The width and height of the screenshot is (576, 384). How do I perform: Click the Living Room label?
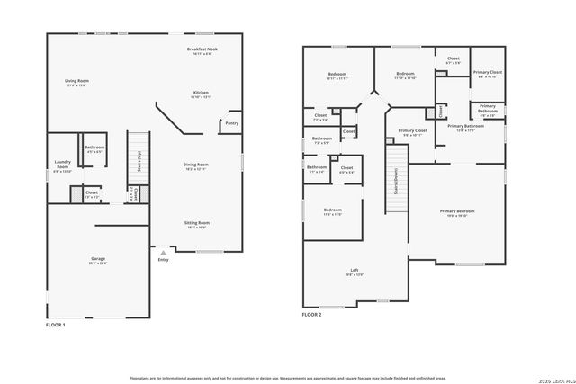[76, 83]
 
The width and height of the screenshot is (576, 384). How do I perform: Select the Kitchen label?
[201, 94]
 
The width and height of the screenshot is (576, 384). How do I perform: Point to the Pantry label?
[231, 123]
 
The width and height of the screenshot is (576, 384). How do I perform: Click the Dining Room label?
[196, 166]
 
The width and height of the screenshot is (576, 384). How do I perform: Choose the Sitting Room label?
[197, 225]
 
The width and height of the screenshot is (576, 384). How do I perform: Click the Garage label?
[97, 261]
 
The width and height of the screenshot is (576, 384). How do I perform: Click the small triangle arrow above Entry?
[162, 253]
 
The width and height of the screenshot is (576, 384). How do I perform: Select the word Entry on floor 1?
[163, 260]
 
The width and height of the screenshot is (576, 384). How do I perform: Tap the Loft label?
[355, 272]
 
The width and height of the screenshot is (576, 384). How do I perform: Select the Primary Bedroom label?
[457, 213]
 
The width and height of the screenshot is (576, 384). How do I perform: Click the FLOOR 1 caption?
[56, 325]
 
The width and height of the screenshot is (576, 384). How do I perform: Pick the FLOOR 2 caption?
[312, 315]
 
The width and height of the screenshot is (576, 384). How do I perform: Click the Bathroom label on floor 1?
[94, 148]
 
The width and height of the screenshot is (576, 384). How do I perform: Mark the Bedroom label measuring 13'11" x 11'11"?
[337, 76]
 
